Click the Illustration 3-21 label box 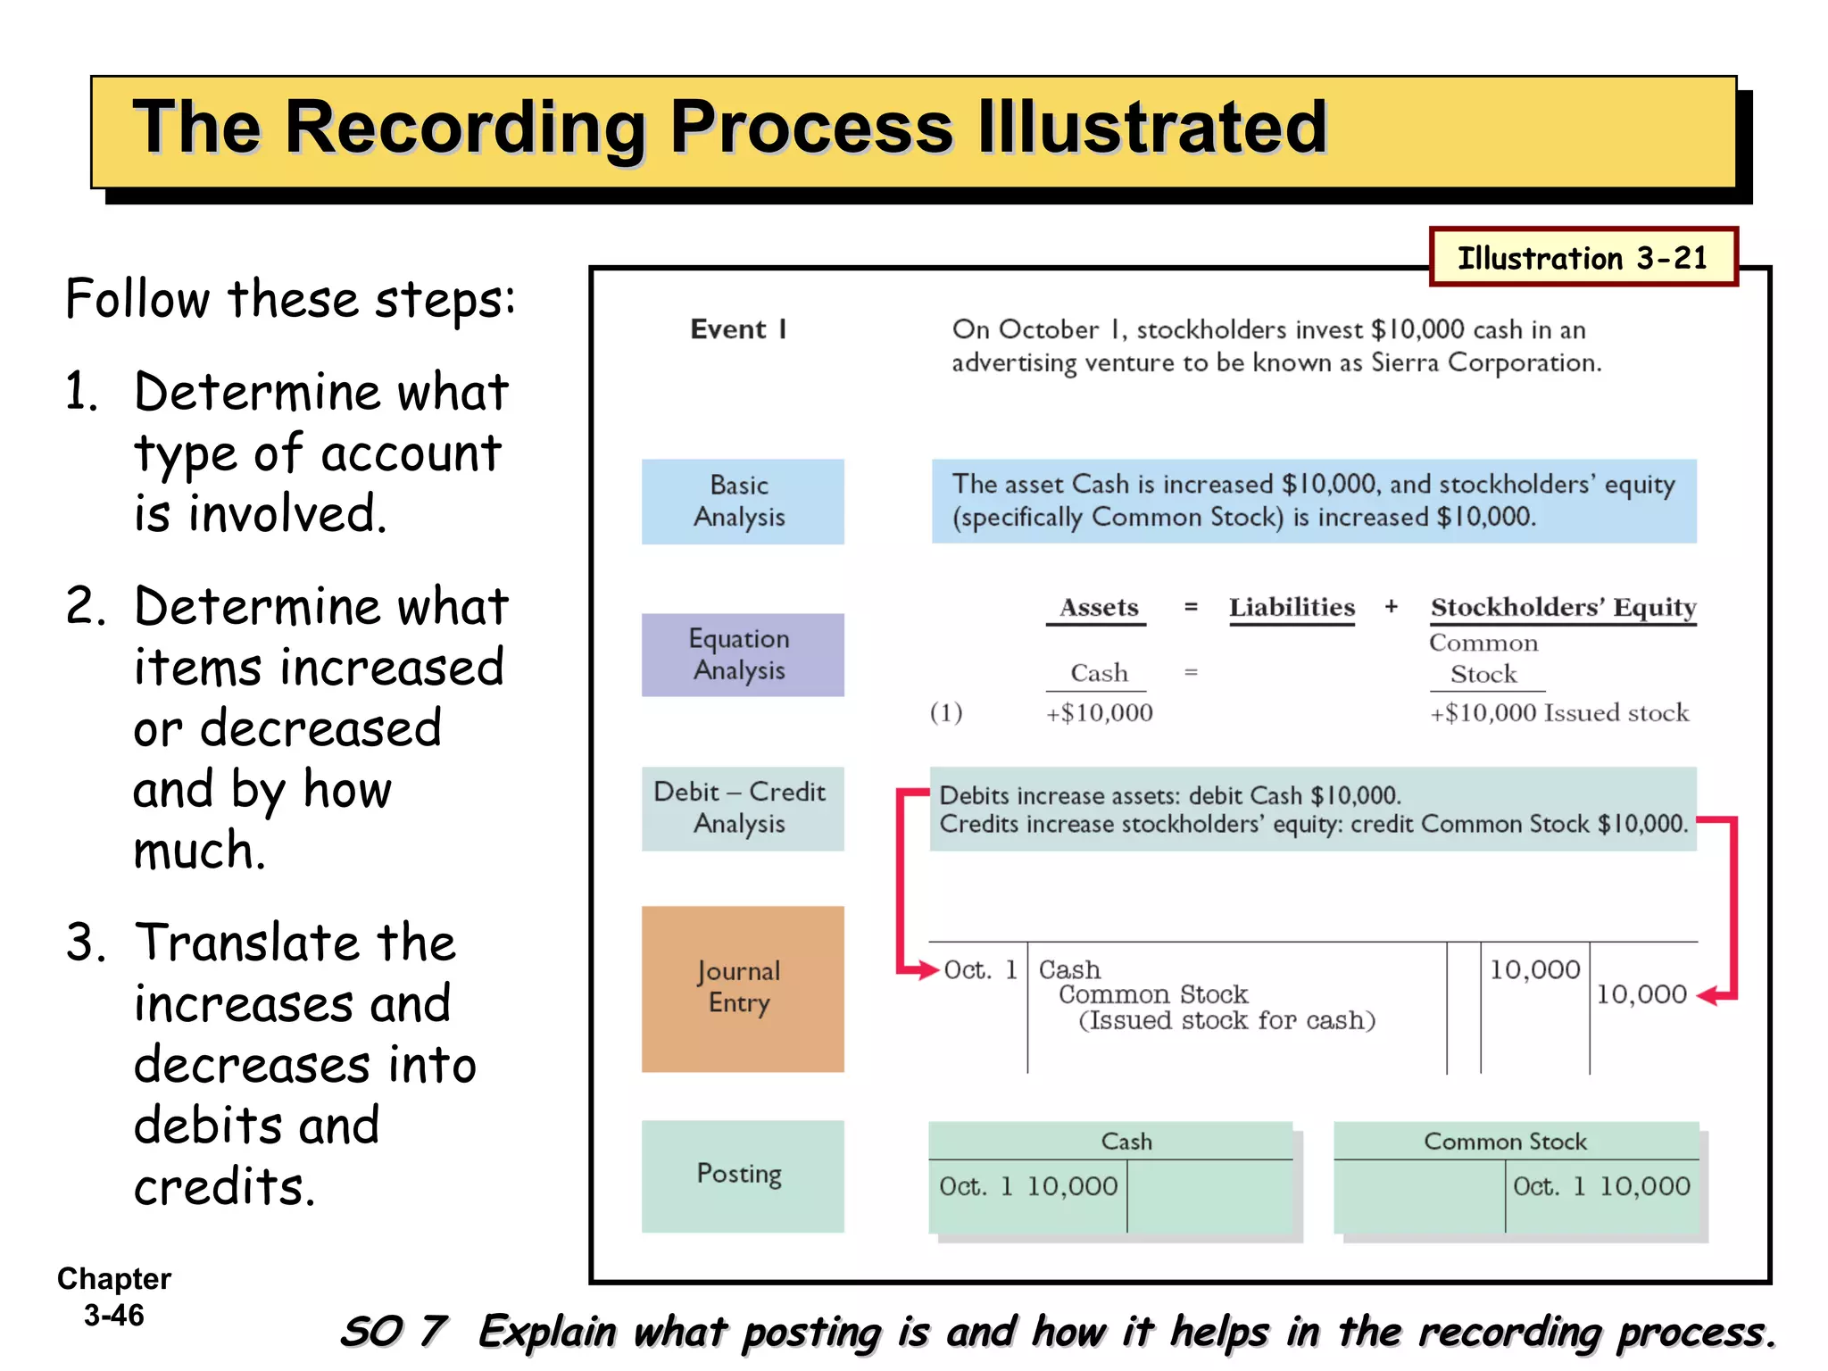coord(1583,257)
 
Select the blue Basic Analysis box coord(742,502)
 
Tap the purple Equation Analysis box coord(742,654)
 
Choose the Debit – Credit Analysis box coord(742,808)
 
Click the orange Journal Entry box coord(742,988)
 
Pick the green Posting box coord(742,1175)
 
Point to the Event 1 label coord(738,329)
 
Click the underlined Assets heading coord(1098,608)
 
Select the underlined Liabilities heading coord(1292,608)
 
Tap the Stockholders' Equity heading coord(1563,608)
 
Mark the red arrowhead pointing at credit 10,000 coord(1707,995)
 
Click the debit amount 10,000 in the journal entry coord(1534,970)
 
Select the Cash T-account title coord(1126,1142)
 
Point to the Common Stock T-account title coord(1505,1142)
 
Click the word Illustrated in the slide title coord(1151,128)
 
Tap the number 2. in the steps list coord(86,607)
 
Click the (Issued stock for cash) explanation coord(1226,1020)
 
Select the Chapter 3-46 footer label coord(114,1296)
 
